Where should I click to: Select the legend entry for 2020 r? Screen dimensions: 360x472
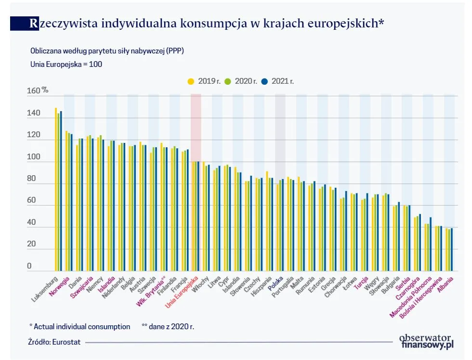point(245,81)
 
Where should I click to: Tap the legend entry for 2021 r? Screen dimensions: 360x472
point(282,81)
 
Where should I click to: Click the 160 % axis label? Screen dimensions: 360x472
point(37,90)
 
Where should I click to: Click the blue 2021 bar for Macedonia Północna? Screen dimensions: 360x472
point(431,244)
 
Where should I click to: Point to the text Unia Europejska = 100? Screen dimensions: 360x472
point(66,64)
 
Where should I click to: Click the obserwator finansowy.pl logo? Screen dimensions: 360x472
point(426,340)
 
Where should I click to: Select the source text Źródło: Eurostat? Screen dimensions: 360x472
point(54,342)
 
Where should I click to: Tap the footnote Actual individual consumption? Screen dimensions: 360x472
point(82,326)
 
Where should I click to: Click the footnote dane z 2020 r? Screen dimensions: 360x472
point(169,326)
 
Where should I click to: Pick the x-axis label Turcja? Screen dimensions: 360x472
point(361,283)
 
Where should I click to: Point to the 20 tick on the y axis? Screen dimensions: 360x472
point(31,244)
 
